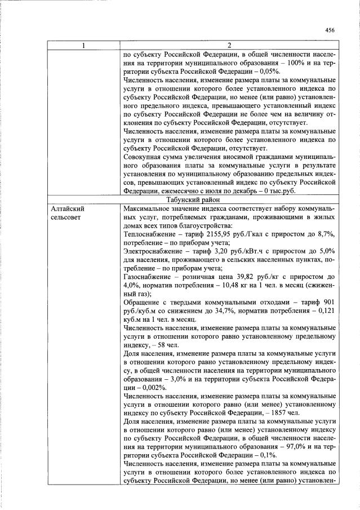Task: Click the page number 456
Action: click(x=330, y=30)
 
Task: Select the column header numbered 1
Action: click(x=83, y=46)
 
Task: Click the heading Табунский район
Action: click(x=229, y=199)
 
